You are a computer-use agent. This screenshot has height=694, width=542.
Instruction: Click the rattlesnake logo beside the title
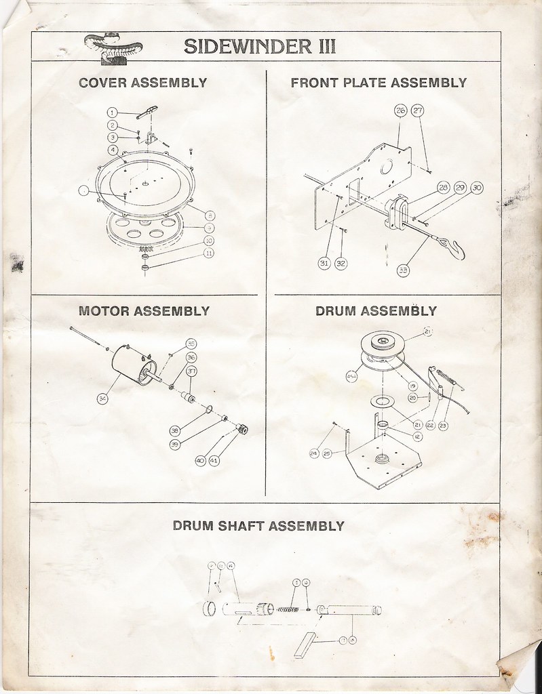[113, 47]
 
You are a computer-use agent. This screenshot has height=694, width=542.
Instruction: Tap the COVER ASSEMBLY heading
[142, 83]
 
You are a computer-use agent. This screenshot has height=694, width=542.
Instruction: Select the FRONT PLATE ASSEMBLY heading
[379, 83]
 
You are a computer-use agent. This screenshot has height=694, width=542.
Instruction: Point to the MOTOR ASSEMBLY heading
[144, 312]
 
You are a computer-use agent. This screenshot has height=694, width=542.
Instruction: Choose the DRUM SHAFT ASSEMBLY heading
[258, 525]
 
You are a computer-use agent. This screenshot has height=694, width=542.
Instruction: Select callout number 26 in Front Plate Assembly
[400, 110]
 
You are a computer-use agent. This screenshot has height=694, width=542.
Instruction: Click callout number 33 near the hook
[404, 270]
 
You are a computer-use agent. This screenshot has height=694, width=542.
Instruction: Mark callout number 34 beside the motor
[102, 399]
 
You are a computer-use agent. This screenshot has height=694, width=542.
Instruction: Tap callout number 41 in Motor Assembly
[214, 460]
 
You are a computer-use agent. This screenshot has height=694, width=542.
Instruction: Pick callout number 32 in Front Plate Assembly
[340, 263]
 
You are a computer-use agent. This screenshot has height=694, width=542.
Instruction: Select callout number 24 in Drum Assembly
[313, 453]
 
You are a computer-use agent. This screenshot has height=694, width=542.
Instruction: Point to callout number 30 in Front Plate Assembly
[476, 188]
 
